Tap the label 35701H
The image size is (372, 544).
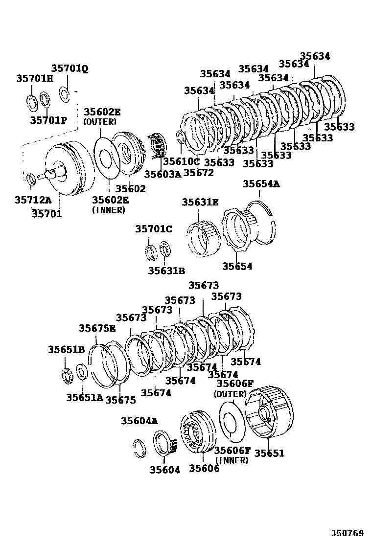(x=34, y=78)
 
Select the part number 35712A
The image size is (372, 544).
(x=33, y=200)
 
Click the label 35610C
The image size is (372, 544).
(x=182, y=161)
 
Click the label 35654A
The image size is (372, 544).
(x=261, y=184)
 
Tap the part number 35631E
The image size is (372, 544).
(x=200, y=202)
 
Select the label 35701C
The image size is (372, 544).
(x=154, y=229)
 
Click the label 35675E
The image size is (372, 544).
(x=97, y=328)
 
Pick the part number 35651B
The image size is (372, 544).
(x=66, y=349)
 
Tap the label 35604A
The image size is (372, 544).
(x=139, y=421)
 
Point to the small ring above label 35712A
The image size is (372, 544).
(x=30, y=179)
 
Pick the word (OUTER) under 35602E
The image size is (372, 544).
(x=100, y=121)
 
